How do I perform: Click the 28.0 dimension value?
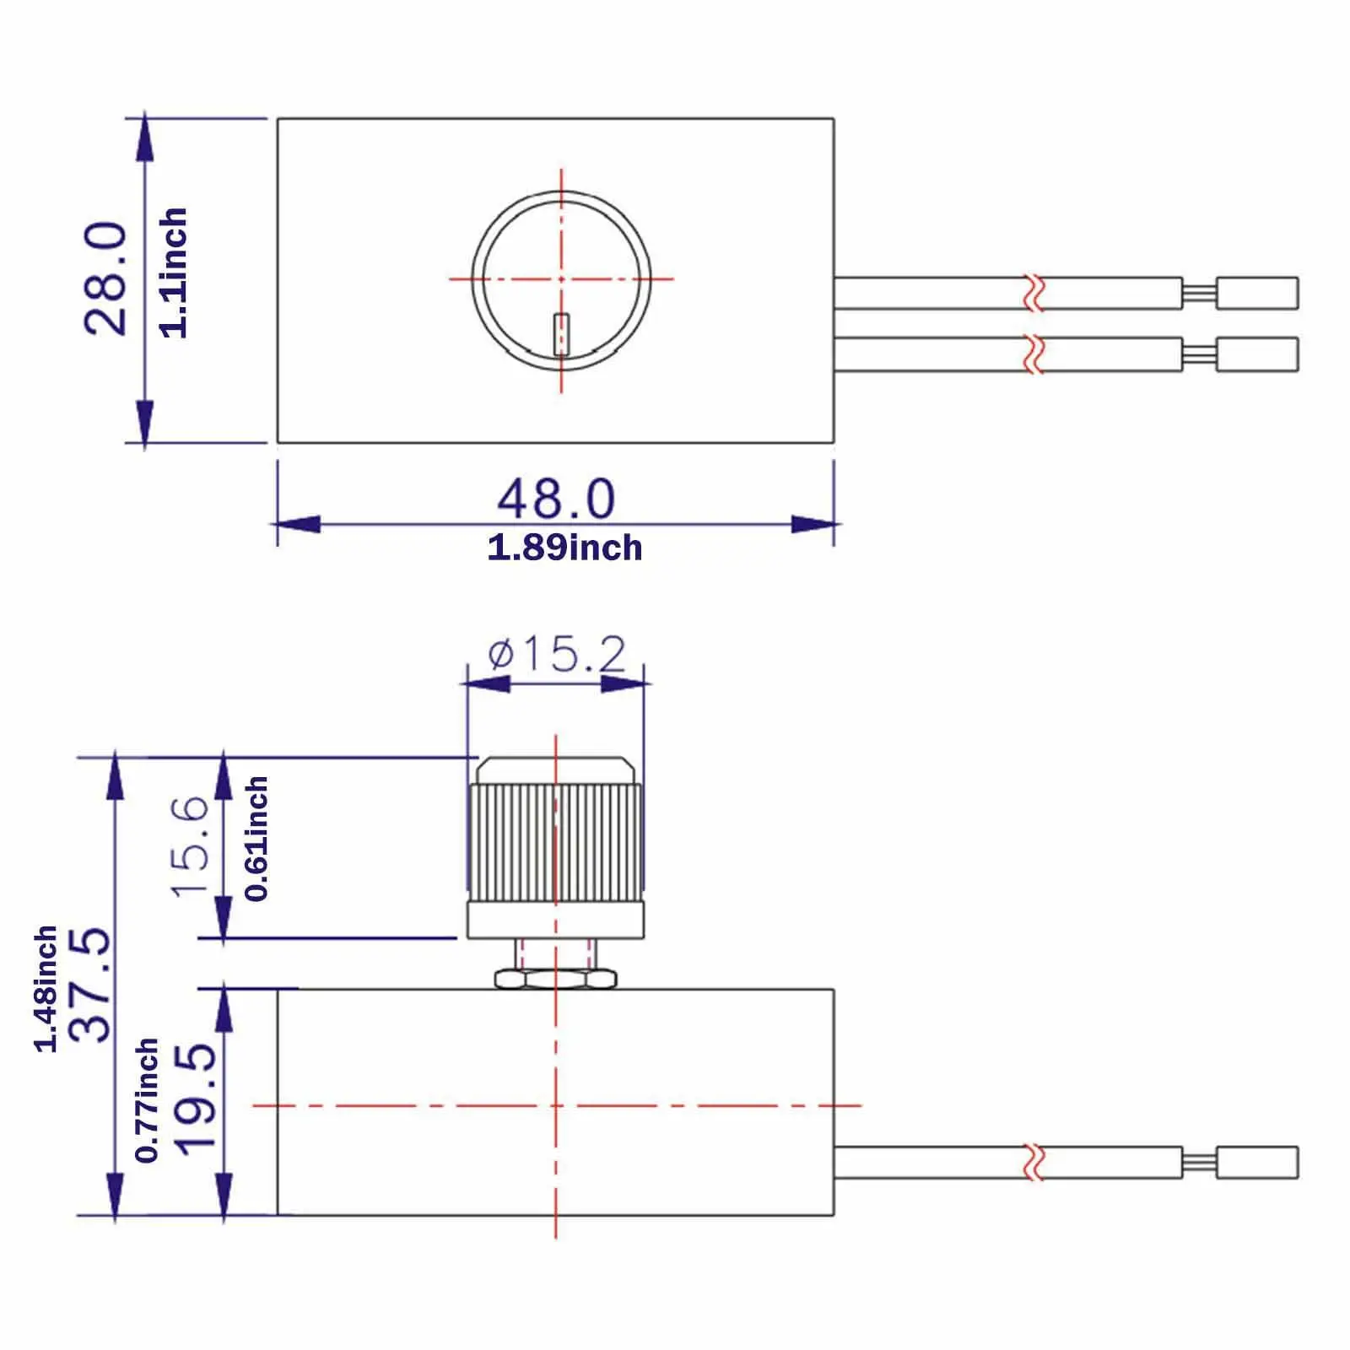107,279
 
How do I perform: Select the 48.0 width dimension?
556,499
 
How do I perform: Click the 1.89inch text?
564,548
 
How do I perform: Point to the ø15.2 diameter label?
557,654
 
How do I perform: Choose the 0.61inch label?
256,840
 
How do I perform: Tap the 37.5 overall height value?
90,985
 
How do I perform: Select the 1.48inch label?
46,989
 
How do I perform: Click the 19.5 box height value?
196,1099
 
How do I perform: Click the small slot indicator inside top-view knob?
561,333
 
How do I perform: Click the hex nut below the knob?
555,980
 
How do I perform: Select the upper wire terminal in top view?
1256,294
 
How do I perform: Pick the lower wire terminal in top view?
1256,354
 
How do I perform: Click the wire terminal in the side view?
1256,1163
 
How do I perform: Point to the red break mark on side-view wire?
1034,1163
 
